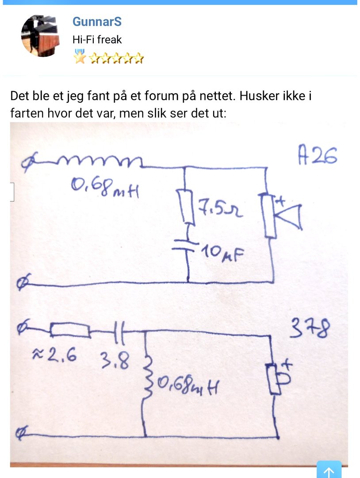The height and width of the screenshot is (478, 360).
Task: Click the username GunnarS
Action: pyautogui.click(x=97, y=22)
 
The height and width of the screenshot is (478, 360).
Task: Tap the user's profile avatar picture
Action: pyautogui.click(x=41, y=35)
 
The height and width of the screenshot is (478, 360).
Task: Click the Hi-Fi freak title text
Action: pyautogui.click(x=97, y=39)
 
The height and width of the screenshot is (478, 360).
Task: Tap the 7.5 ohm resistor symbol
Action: pyautogui.click(x=188, y=207)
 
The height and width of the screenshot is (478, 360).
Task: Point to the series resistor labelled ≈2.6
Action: pyautogui.click(x=70, y=330)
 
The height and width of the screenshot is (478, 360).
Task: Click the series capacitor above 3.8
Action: pyautogui.click(x=120, y=332)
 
